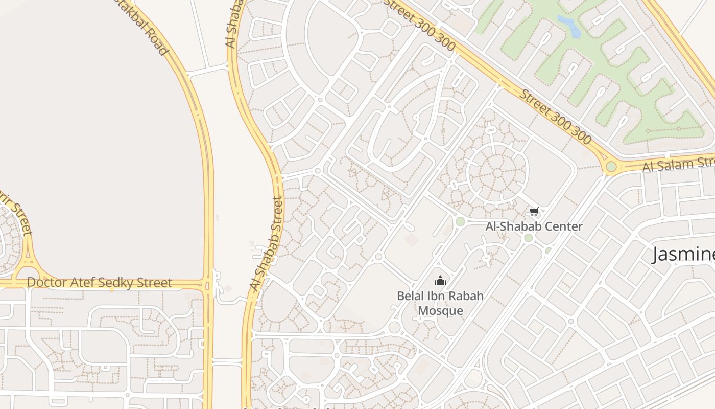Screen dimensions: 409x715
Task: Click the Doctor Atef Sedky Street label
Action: pyautogui.click(x=100, y=283)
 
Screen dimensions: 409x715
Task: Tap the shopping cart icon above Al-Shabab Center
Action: pyautogui.click(x=534, y=211)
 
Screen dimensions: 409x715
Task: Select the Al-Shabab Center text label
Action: pyautogui.click(x=534, y=226)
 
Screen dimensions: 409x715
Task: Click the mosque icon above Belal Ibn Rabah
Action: pyautogui.click(x=440, y=281)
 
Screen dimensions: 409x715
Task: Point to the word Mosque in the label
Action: pyautogui.click(x=441, y=310)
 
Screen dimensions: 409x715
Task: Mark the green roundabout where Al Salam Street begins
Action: pyautogui.click(x=611, y=167)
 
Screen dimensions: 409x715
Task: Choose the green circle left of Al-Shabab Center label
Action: pyautogui.click(x=460, y=221)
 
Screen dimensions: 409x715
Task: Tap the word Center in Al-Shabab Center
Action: pyautogui.click(x=563, y=226)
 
